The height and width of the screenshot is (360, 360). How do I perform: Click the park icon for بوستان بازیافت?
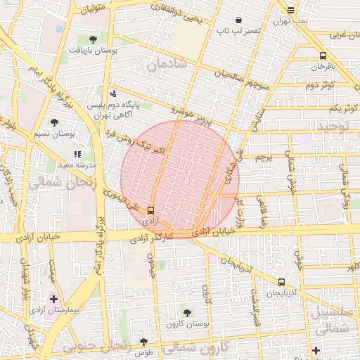click(93, 39)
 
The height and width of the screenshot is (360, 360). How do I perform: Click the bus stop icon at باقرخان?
click(323, 56)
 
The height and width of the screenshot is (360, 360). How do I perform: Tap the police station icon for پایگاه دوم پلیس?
click(112, 93)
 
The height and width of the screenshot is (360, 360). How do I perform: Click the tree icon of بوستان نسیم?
click(55, 122)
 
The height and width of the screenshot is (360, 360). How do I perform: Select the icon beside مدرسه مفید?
click(77, 153)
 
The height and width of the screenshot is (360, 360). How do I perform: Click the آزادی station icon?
click(150, 210)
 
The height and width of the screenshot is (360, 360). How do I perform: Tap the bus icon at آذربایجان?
click(282, 281)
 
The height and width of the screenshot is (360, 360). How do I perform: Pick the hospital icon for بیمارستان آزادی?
click(54, 299)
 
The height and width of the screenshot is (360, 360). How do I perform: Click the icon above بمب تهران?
click(291, 10)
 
